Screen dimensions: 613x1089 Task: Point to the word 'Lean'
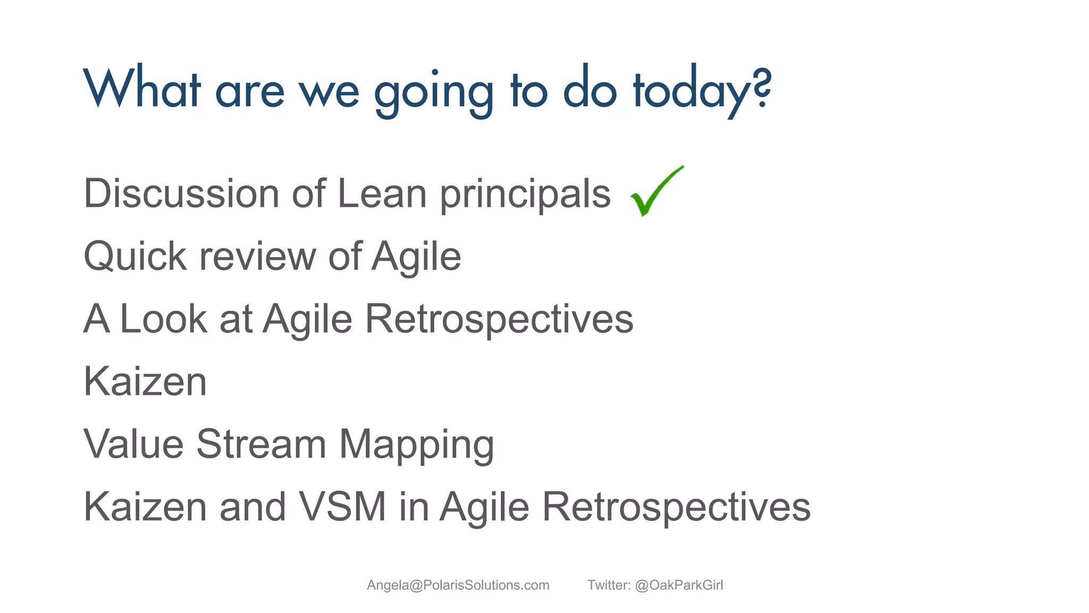pos(382,194)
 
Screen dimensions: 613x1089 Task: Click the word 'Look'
pos(163,319)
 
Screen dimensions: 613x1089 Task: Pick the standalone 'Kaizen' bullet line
pos(145,382)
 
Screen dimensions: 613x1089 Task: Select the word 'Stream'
pos(261,444)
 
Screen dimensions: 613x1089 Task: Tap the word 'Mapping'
pos(416,446)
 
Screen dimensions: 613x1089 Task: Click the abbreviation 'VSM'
pos(342,507)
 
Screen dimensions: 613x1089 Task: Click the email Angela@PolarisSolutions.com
pos(458,585)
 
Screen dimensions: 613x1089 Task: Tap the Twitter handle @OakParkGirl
pos(678,585)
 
